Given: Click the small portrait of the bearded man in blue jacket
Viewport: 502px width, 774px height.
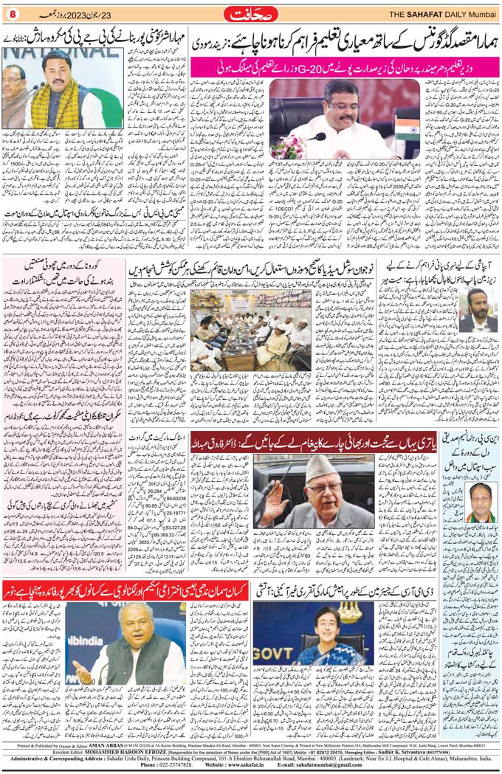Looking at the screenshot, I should [478, 310].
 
